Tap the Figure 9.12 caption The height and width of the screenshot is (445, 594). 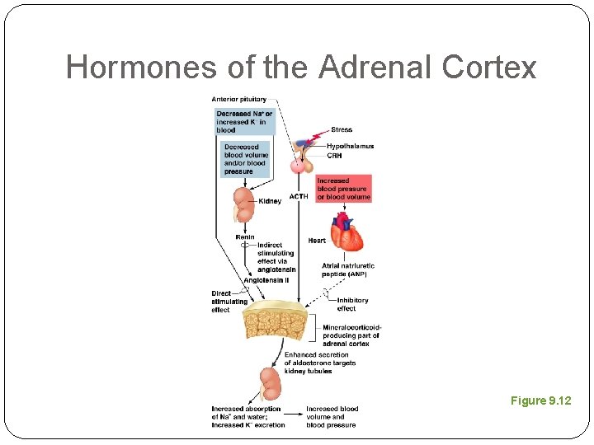tap(540, 401)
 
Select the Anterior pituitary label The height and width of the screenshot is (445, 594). tap(239, 100)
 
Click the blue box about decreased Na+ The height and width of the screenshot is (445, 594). tap(244, 122)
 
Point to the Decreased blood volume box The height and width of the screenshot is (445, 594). tap(246, 159)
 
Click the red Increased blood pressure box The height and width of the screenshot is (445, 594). tap(343, 189)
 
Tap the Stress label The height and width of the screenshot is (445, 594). tap(342, 130)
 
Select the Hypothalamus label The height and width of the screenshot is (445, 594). tap(350, 147)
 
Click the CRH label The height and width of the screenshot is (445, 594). tap(335, 155)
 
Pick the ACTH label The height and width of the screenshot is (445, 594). tap(298, 197)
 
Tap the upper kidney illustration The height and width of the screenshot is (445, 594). tap(243, 203)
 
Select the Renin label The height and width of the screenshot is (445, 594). tap(244, 237)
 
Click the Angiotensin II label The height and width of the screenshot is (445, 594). tap(266, 280)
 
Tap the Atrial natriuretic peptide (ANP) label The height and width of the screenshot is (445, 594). tap(347, 269)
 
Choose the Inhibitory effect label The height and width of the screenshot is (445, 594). tap(352, 304)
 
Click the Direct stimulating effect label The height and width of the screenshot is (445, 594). tap(229, 302)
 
